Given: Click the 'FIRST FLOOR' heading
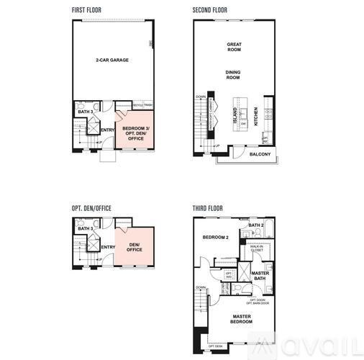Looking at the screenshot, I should coord(88,10).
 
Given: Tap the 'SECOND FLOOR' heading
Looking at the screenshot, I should coord(209,10).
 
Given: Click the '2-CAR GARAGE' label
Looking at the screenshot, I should coord(112,60).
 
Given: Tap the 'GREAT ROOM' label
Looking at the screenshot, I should coord(234,48).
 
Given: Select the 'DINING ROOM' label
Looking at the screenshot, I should coord(233,74).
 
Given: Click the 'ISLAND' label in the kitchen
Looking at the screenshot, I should coord(235,116).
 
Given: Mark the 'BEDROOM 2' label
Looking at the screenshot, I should coord(215,237).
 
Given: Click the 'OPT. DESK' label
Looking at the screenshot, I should coord(215,346).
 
